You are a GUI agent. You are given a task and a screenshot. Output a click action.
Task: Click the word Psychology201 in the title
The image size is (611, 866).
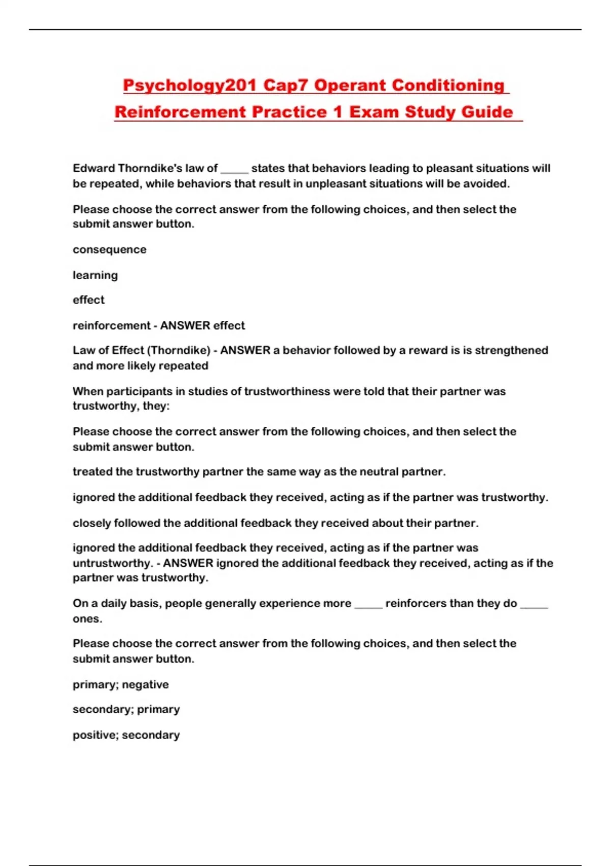click(189, 85)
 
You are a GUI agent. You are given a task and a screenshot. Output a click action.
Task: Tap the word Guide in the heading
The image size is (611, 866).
click(487, 112)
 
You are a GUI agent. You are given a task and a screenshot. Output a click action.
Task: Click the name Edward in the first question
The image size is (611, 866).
click(93, 168)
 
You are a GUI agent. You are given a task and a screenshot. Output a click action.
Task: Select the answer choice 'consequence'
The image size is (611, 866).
click(109, 250)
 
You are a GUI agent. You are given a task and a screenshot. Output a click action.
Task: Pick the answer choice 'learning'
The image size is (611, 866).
click(95, 275)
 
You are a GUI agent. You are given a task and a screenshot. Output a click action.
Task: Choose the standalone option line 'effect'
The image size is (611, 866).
click(89, 300)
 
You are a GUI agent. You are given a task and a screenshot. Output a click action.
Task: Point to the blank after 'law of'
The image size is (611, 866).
click(234, 169)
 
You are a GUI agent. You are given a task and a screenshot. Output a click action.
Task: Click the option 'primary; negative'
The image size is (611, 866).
click(121, 684)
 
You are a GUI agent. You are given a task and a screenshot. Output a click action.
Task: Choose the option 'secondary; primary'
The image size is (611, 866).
click(126, 709)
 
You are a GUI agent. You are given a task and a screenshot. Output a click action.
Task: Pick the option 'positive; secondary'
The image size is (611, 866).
click(126, 735)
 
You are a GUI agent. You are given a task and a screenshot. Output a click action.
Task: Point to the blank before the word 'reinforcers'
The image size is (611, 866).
click(368, 604)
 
